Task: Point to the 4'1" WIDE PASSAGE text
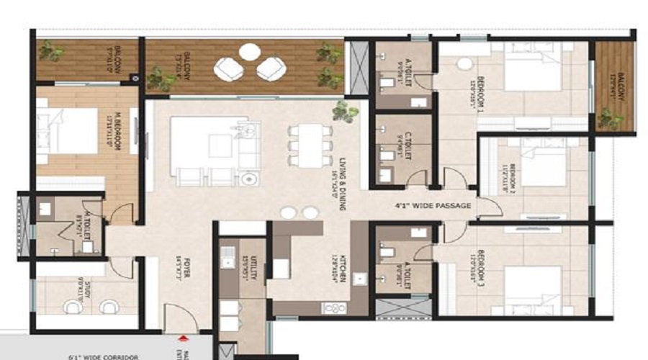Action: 433,206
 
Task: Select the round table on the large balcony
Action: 250,51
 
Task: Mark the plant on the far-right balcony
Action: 609,118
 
